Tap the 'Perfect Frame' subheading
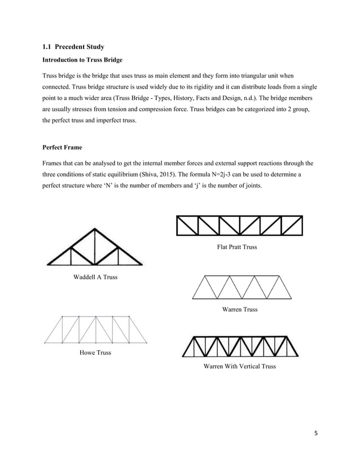[x=62, y=148]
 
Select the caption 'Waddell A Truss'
[x=95, y=277]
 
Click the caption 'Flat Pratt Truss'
[x=236, y=247]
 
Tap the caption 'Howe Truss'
[x=95, y=353]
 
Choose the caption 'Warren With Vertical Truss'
[x=240, y=367]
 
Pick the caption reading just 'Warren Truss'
[x=240, y=309]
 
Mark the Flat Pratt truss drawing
[x=240, y=225]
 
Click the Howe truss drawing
[x=95, y=329]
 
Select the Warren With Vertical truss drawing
[x=241, y=346]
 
